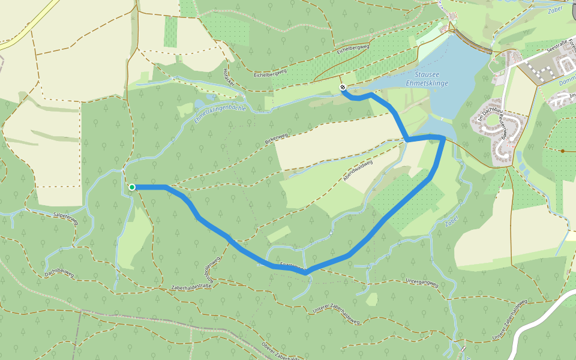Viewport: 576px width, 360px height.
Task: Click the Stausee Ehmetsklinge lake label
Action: pos(427,78)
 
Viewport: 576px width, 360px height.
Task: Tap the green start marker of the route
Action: pos(132,187)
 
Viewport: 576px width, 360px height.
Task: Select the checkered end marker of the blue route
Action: pos(343,88)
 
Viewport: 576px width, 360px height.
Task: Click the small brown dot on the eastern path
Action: pos(563,151)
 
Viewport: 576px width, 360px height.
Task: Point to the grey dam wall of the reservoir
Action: pos(472,44)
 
